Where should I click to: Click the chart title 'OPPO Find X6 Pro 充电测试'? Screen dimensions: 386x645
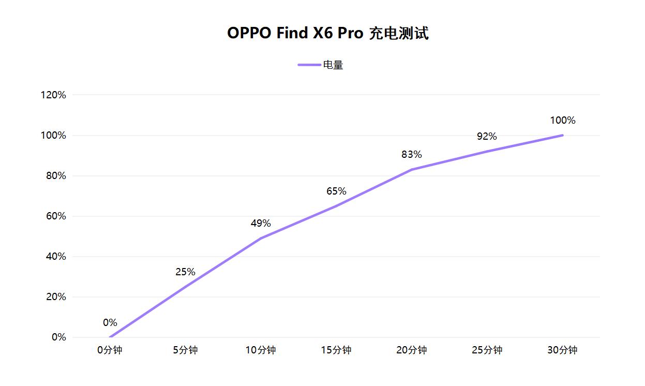328,33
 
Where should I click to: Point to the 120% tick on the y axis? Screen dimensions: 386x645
54,95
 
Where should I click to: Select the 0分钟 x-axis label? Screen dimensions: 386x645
110,350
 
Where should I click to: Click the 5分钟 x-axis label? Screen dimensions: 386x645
185,350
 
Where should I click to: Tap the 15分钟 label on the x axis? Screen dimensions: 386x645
336,350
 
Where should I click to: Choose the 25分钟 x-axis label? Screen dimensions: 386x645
487,350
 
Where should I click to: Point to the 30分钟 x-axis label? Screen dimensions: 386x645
562,350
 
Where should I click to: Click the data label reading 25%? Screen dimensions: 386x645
185,272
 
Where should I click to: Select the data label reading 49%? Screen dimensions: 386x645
261,223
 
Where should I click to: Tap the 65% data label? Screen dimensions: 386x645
336,191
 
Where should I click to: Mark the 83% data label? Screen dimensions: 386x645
412,154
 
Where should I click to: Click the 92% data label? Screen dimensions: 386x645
487,136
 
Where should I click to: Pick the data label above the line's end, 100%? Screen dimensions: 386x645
563,120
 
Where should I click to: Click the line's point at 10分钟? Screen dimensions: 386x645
261,238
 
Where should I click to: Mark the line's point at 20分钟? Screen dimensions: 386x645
412,169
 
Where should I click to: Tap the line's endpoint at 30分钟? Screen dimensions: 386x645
562,135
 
